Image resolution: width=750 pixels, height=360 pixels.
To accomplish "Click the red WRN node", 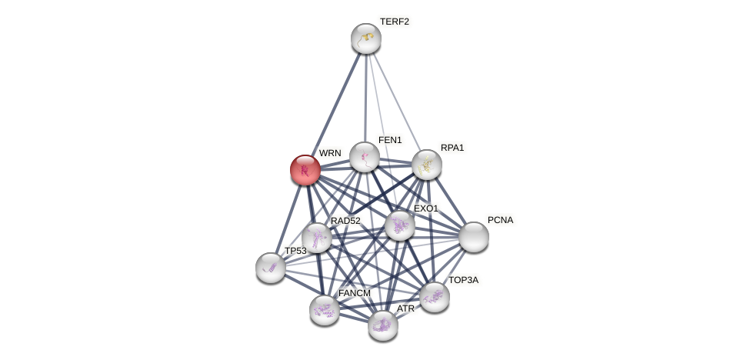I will [x=305, y=170].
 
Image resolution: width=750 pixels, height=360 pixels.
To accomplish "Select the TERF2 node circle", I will [x=366, y=38].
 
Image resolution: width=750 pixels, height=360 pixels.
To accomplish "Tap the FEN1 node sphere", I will [x=365, y=157].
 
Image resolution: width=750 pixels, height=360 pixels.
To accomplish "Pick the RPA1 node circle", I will [x=427, y=165].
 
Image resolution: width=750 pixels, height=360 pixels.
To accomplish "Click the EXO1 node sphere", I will [x=400, y=225].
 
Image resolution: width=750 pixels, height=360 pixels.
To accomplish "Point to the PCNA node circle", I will [x=474, y=237].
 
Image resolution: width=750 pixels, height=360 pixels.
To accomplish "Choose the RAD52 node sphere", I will [x=317, y=238].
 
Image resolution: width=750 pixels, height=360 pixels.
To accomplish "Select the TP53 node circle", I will [x=271, y=268].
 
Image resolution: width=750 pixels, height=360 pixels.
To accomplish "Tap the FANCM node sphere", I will [x=325, y=310].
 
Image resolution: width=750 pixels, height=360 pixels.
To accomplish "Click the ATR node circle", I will [x=383, y=325].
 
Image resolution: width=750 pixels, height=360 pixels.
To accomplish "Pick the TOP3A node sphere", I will [x=435, y=297].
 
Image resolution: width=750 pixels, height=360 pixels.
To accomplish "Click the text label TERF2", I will [x=394, y=22].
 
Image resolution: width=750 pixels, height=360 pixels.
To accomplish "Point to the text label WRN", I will [x=330, y=153].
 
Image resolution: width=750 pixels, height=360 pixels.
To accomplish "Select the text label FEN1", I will [x=390, y=140].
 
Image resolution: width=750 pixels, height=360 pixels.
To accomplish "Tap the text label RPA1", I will [x=452, y=148].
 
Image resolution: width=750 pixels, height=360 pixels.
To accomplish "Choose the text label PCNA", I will [x=500, y=220].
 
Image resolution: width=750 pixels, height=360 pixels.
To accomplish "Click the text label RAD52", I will [x=345, y=221].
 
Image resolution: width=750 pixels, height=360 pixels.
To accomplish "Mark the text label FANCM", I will [x=354, y=293].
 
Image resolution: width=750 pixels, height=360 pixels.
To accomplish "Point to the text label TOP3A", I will [x=463, y=280].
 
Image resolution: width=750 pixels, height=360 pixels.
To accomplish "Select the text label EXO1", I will [x=425, y=208].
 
